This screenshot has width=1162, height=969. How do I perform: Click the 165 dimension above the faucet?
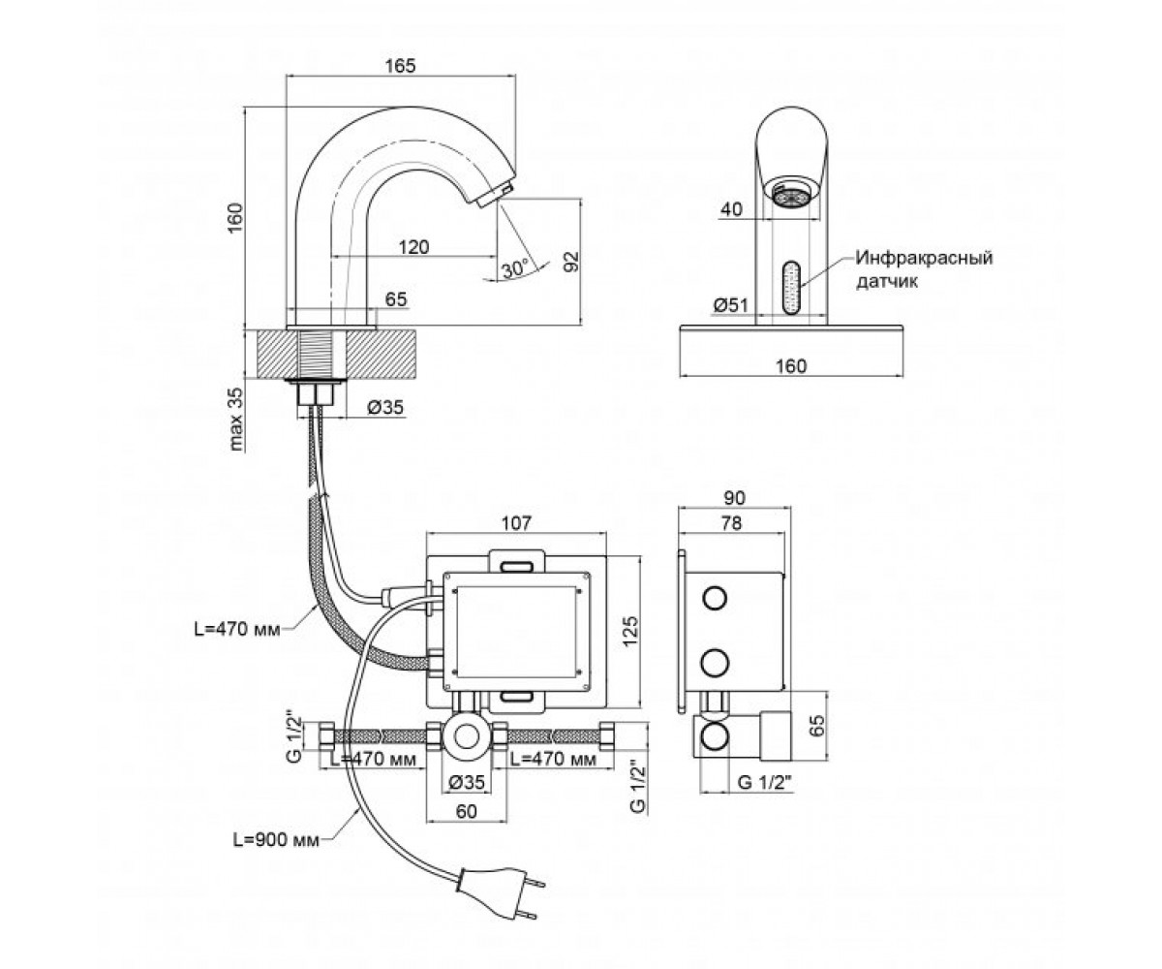click(x=400, y=66)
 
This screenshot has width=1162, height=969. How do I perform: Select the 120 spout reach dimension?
click(x=413, y=247)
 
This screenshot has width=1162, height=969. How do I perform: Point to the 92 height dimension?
click(x=571, y=262)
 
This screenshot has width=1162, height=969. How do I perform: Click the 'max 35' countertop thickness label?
click(x=236, y=419)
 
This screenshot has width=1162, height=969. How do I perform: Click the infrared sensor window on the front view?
click(x=791, y=288)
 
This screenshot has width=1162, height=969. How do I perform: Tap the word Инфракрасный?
click(x=925, y=259)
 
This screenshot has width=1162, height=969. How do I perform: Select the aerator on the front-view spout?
click(x=790, y=196)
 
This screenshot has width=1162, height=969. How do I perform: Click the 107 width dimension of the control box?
click(x=516, y=523)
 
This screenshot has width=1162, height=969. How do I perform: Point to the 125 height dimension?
click(x=629, y=631)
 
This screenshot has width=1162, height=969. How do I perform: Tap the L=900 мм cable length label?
click(x=276, y=840)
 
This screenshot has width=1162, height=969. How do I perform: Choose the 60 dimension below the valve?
click(x=467, y=811)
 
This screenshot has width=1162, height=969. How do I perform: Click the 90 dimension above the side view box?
click(x=735, y=498)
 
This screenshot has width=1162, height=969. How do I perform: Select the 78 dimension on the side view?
click(x=732, y=523)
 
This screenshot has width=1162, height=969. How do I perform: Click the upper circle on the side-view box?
click(x=715, y=599)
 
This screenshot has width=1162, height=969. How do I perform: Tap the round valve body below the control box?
click(x=467, y=736)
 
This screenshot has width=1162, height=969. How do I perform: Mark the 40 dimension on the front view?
click(x=732, y=209)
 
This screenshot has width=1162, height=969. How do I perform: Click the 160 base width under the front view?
click(x=791, y=366)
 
